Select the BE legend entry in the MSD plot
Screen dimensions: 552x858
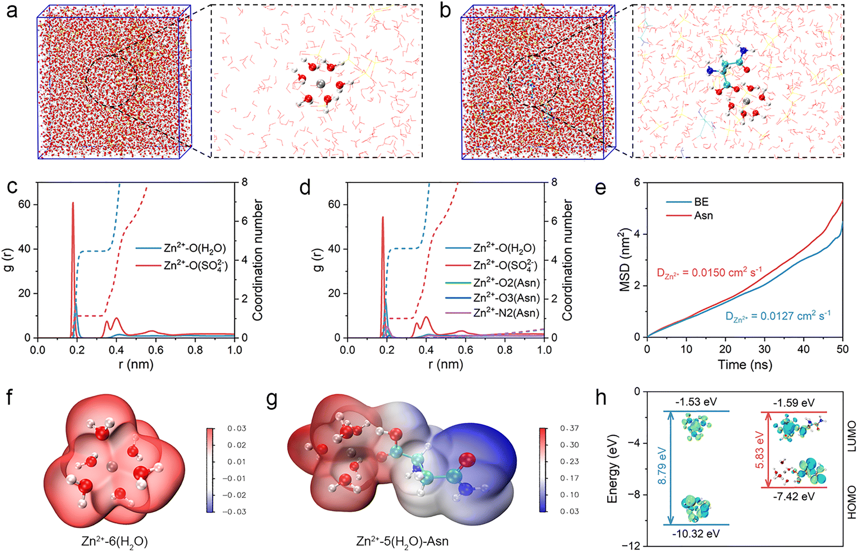pyautogui.click(x=701, y=202)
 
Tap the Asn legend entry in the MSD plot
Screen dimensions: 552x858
pyautogui.click(x=703, y=215)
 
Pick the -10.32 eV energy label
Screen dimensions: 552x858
pyautogui.click(x=696, y=533)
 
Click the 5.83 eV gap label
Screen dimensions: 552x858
pyautogui.click(x=760, y=450)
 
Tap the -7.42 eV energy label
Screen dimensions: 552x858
pyautogui.click(x=794, y=496)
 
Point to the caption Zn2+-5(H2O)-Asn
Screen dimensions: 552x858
pyautogui.click(x=402, y=542)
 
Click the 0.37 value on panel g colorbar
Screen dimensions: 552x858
pyautogui.click(x=569, y=428)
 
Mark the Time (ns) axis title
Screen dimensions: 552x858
pyautogui.click(x=745, y=365)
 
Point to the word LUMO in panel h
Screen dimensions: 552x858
pyautogui.click(x=852, y=436)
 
